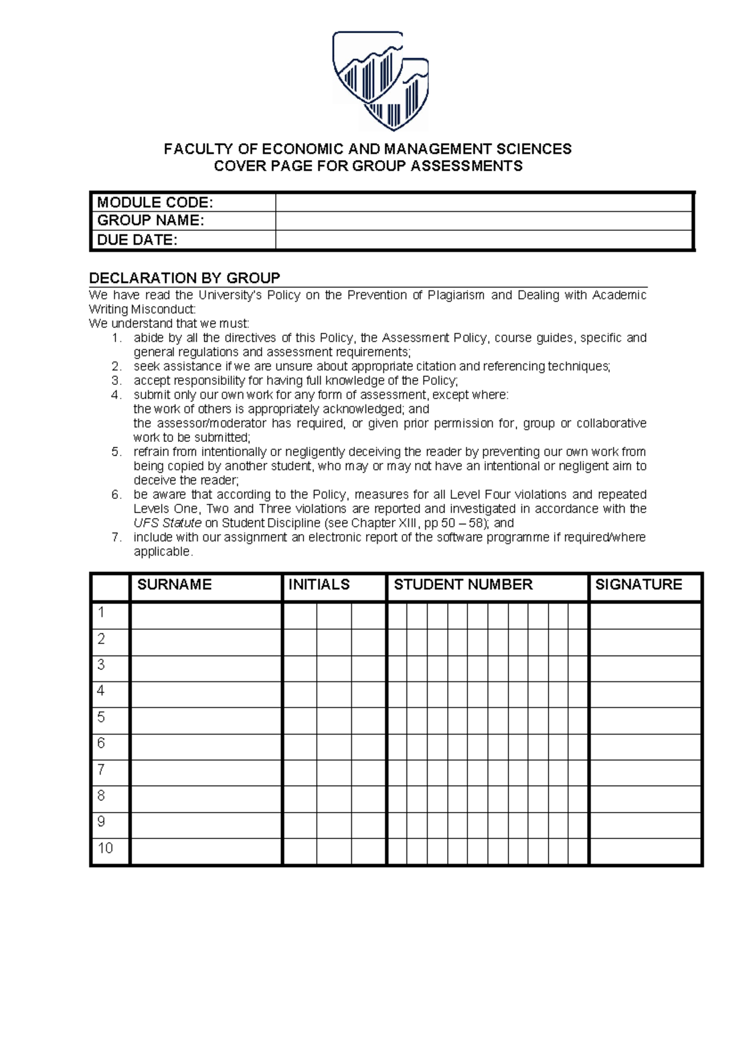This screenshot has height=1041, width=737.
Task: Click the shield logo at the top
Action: tap(380, 80)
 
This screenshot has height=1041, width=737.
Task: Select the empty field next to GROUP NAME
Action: tap(484, 221)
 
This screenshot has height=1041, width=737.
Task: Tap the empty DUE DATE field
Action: tap(484, 240)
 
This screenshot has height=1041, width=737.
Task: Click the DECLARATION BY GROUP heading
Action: tap(184, 278)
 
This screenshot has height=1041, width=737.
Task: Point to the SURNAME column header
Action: tap(174, 585)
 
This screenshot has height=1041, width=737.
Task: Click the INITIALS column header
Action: tap(319, 585)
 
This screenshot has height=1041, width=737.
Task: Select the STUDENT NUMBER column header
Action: tap(463, 585)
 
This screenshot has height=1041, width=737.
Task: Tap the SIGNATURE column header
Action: tap(639, 585)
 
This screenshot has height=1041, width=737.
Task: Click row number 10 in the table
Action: tap(106, 848)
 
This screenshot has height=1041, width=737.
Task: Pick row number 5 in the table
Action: tap(101, 717)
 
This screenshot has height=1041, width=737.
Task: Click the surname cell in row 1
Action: tap(206, 616)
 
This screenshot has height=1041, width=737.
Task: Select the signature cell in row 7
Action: tap(645, 773)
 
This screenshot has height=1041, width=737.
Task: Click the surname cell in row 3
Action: tap(206, 668)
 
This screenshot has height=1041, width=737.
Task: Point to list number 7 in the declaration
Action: tap(117, 538)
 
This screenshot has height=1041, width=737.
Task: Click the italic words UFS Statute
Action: tap(167, 524)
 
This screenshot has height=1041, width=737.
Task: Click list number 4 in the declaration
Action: tap(117, 395)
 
